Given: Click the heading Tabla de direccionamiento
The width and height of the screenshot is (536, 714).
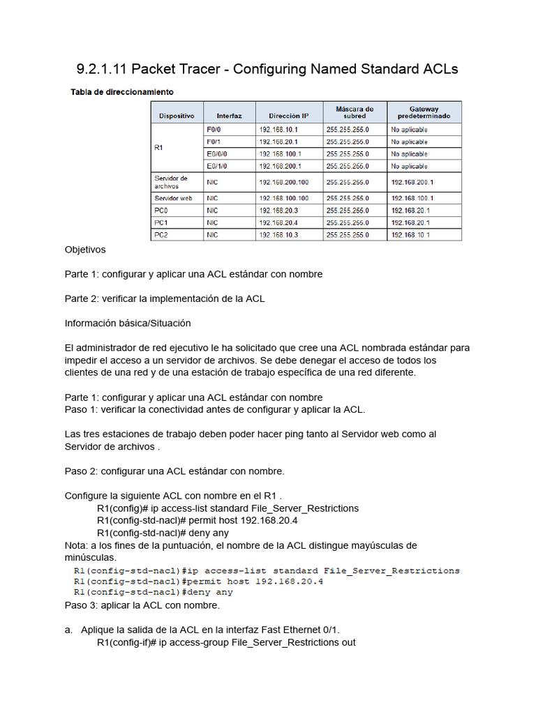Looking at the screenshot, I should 122,92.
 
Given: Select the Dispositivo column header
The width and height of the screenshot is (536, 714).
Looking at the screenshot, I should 177,116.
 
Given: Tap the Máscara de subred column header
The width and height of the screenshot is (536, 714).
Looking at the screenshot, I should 355,112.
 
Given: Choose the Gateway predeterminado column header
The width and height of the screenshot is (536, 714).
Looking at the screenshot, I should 424,112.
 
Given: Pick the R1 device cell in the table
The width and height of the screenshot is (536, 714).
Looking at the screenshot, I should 159,148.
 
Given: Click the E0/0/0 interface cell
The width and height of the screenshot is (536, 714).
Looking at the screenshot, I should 217,154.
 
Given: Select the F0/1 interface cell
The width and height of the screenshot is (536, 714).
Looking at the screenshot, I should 214,142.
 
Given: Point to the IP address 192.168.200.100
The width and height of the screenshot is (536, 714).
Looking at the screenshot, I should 283,182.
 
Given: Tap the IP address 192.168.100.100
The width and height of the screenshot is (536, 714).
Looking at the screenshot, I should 283,198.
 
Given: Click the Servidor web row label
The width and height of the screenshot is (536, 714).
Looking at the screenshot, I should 173,198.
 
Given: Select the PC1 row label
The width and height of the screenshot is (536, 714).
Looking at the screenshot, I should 161,222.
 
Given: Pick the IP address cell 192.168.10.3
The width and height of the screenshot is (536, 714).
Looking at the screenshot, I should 278,235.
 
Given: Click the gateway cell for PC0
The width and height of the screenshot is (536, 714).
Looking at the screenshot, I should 410,211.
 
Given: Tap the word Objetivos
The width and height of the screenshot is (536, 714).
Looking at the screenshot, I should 85,250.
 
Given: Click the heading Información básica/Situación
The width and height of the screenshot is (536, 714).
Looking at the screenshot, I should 128,324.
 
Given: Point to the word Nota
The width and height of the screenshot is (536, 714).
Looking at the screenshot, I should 75,545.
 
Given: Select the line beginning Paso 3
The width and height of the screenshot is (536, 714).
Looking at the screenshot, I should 133,605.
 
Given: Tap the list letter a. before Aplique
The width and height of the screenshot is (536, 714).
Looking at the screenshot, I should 68,630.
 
